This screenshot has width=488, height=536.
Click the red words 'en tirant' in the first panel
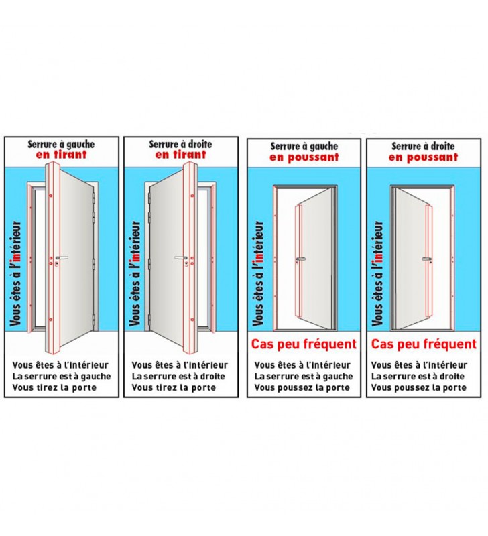click(x=61, y=155)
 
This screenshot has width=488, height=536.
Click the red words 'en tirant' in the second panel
click(x=180, y=155)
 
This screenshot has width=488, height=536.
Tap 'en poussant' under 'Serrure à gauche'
click(x=304, y=157)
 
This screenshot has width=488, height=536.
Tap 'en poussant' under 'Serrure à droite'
click(x=423, y=157)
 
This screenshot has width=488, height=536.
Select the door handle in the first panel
click(x=62, y=257)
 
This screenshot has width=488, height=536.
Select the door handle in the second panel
click(x=181, y=257)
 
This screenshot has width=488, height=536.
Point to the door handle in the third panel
click(x=300, y=259)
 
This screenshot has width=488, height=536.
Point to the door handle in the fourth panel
click(x=426, y=259)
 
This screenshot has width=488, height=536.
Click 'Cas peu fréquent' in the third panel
click(x=304, y=344)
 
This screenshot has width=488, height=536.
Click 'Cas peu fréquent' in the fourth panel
click(x=424, y=344)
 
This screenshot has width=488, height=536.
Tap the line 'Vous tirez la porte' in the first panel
click(x=54, y=388)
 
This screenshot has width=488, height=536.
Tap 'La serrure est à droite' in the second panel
click(x=178, y=377)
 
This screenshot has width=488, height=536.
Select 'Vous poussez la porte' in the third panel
click(x=302, y=388)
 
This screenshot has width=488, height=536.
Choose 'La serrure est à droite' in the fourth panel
click(x=418, y=377)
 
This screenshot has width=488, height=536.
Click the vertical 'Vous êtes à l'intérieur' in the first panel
click(x=15, y=273)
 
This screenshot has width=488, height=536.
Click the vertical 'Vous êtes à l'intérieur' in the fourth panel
click(x=377, y=273)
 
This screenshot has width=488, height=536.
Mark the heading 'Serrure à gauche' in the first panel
click(x=61, y=144)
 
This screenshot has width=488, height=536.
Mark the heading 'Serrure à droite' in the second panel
click(x=180, y=144)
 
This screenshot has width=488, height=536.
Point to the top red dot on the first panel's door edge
click(x=50, y=196)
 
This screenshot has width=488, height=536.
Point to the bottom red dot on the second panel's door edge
click(x=192, y=320)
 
